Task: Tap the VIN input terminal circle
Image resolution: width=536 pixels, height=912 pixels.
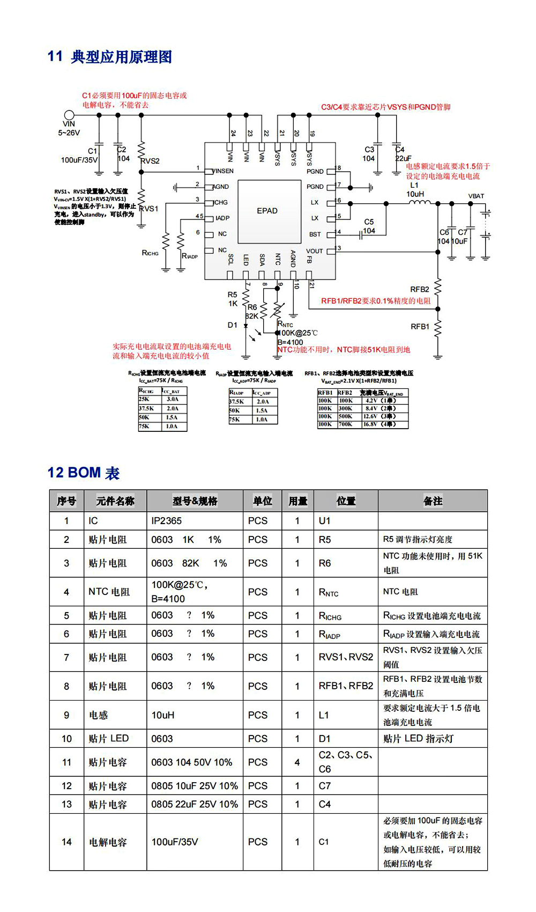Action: (69, 115)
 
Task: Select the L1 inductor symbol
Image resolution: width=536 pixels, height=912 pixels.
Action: (419, 203)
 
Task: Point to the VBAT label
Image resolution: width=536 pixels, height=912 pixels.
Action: (476, 196)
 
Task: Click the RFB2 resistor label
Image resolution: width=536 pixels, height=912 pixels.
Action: (420, 289)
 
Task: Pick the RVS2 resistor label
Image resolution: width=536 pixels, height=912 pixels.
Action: (151, 161)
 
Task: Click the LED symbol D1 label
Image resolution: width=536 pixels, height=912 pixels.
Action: (232, 325)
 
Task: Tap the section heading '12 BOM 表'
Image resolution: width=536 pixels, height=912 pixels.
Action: (84, 473)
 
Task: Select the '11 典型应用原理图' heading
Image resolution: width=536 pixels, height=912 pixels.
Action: (110, 56)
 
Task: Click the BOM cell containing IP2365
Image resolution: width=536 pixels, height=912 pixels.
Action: (167, 520)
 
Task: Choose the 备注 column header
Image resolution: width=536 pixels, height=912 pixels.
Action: (433, 501)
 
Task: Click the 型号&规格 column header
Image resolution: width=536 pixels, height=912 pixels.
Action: (195, 501)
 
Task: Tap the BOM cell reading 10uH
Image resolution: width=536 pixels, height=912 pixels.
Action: (163, 715)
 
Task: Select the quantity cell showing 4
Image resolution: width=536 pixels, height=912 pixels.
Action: (297, 762)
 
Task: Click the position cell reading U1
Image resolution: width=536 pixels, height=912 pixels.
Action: (325, 520)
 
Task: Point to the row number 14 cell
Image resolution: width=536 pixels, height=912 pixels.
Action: (66, 842)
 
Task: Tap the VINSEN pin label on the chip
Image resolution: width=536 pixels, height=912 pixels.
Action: (223, 171)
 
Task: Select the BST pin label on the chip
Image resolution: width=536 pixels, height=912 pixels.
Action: (315, 234)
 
